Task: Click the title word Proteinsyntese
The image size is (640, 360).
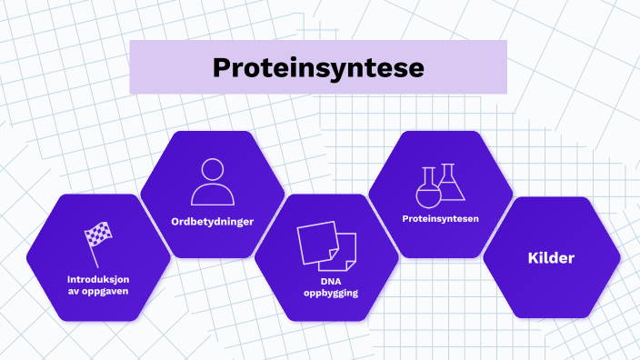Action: tap(317, 67)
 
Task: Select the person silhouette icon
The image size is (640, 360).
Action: tap(212, 182)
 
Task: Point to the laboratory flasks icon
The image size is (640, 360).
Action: tap(440, 185)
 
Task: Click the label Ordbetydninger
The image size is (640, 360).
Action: tap(212, 221)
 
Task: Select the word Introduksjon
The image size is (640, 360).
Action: tap(97, 278)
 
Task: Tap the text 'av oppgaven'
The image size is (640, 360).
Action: tap(97, 291)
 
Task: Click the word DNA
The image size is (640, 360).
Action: tap(326, 281)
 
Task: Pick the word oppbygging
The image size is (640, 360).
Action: tap(326, 293)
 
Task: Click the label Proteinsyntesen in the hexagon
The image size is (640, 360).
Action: tap(440, 219)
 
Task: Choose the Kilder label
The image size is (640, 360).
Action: tap(551, 259)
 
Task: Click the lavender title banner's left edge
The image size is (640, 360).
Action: tap(133, 67)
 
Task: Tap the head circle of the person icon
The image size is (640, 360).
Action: tap(212, 169)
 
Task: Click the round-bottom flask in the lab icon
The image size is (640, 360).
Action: tap(427, 192)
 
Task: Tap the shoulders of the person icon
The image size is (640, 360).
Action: tap(212, 195)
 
